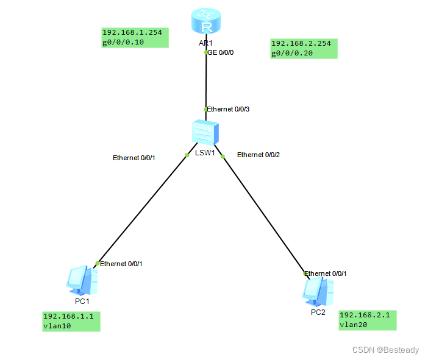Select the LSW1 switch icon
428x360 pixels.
pos(205,132)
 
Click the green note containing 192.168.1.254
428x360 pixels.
pos(134,38)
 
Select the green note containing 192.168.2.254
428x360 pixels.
pos(303,48)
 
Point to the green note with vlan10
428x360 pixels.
pos(71,321)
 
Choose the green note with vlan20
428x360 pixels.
pos(367,320)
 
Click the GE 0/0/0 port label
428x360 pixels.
pos(221,52)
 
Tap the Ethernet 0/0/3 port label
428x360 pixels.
pos(229,109)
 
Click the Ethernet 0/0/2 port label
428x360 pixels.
pos(258,155)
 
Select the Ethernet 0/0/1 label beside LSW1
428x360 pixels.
pos(134,158)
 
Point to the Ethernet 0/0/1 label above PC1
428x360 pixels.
pos(121,264)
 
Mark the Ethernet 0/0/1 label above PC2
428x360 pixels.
pos(326,274)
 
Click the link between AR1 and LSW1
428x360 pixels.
pos(206,82)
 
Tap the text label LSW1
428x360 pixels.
pos(205,153)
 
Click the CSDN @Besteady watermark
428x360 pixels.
pos(386,349)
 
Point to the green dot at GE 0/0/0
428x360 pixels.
pos(206,52)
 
